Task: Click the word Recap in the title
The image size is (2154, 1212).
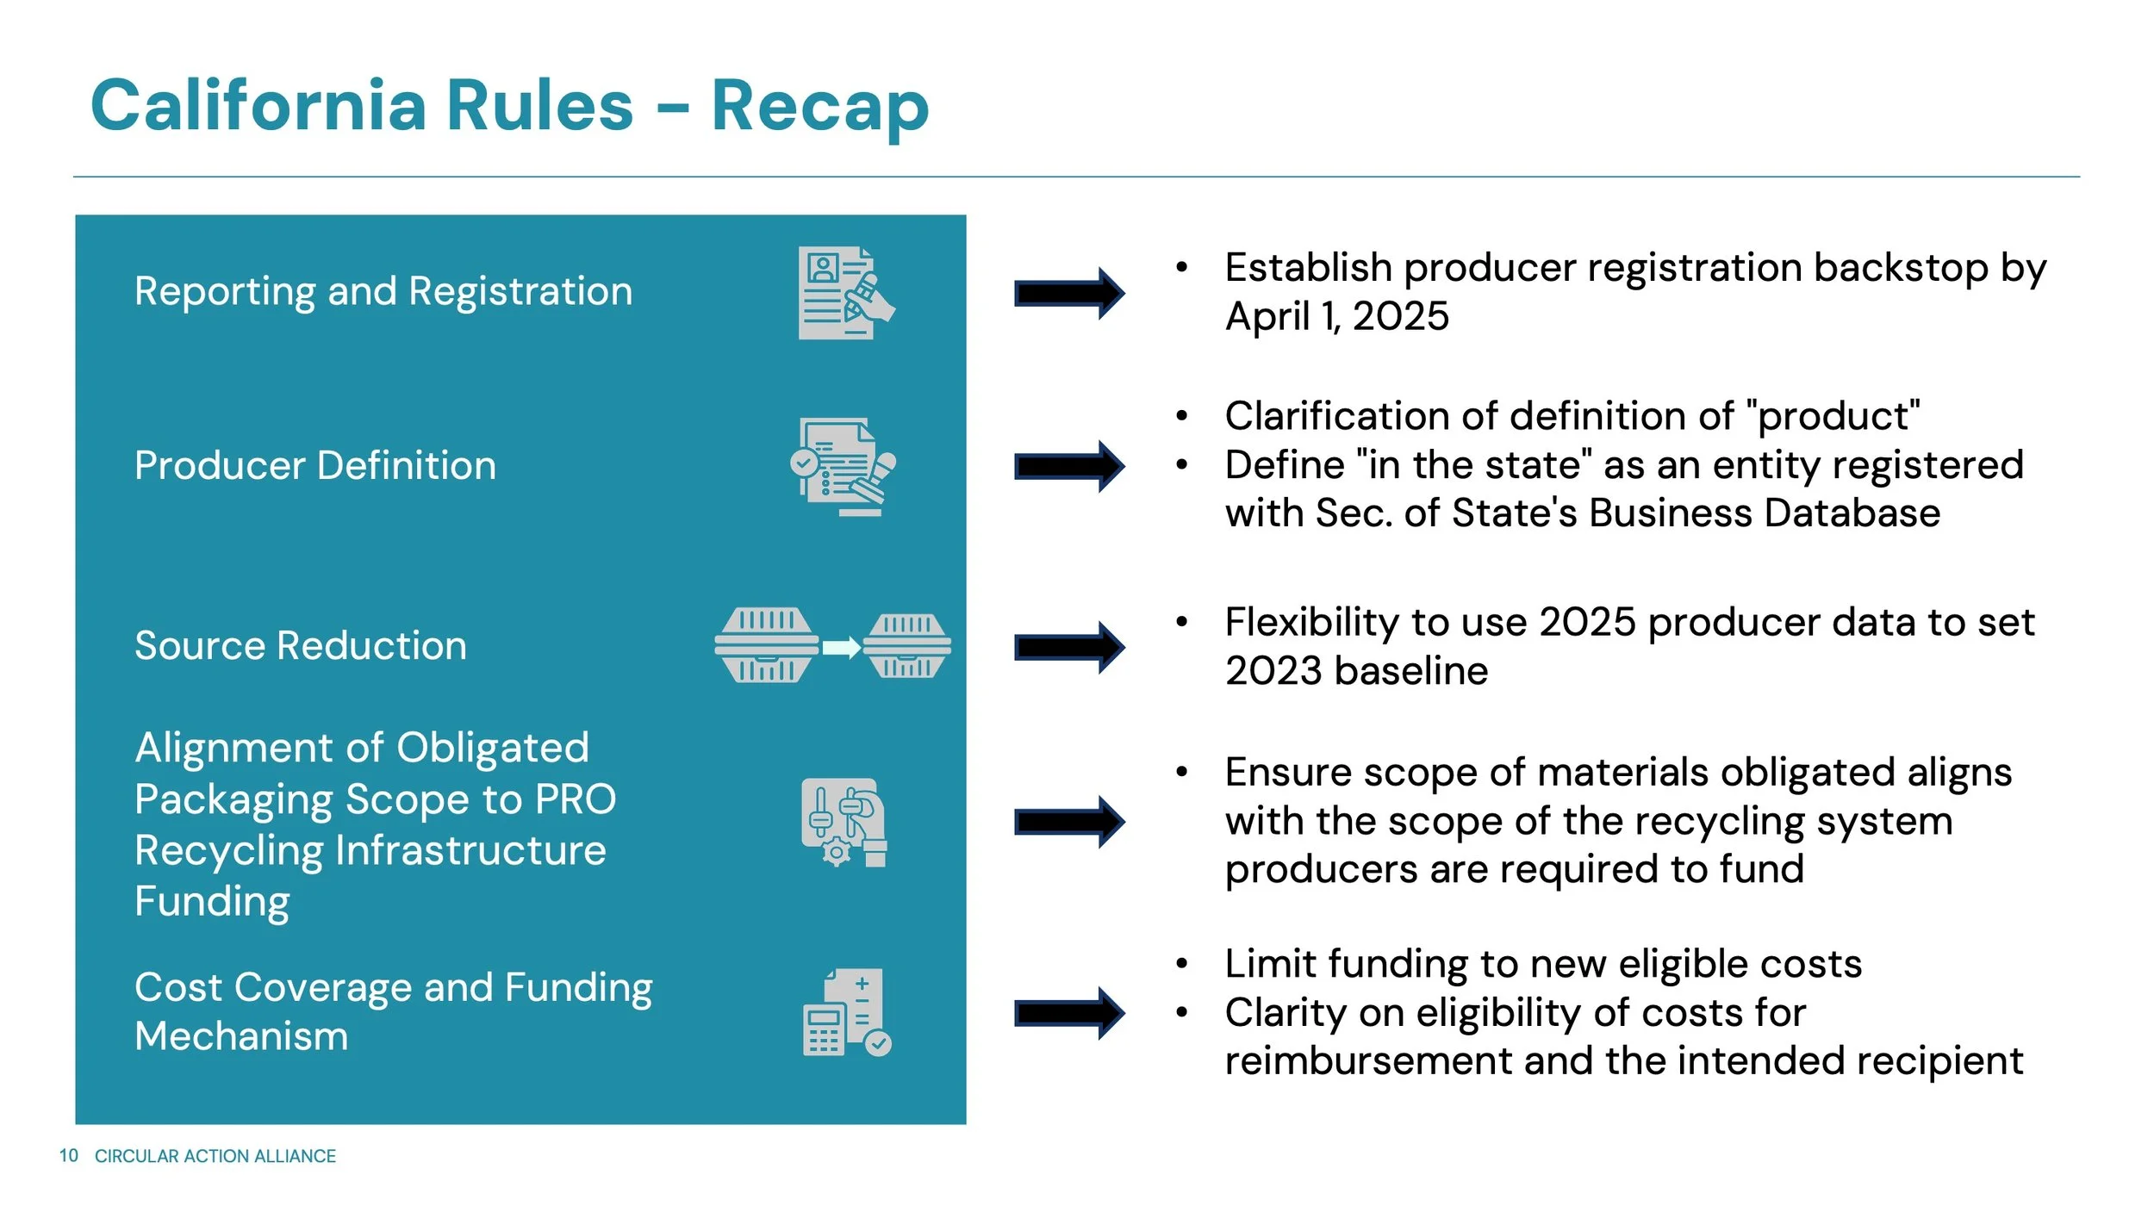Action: point(819,107)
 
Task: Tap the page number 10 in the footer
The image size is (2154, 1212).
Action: point(68,1155)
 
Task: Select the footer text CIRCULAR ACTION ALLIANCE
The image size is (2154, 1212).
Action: point(215,1156)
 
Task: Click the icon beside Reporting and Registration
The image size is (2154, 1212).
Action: point(845,293)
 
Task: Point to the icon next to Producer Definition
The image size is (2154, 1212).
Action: point(844,467)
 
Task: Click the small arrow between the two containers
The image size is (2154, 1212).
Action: point(841,647)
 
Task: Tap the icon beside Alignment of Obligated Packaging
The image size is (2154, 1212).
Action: point(844,822)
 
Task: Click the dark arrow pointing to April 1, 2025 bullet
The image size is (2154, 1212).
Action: point(1069,293)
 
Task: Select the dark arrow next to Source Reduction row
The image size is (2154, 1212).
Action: point(1069,647)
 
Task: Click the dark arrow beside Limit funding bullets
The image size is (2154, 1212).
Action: point(1069,1013)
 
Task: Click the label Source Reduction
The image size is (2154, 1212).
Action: point(301,645)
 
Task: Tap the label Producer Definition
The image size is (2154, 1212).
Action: point(315,465)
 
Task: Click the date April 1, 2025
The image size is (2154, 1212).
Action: point(1336,316)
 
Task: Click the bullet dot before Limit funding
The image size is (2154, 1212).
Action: point(1182,964)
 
